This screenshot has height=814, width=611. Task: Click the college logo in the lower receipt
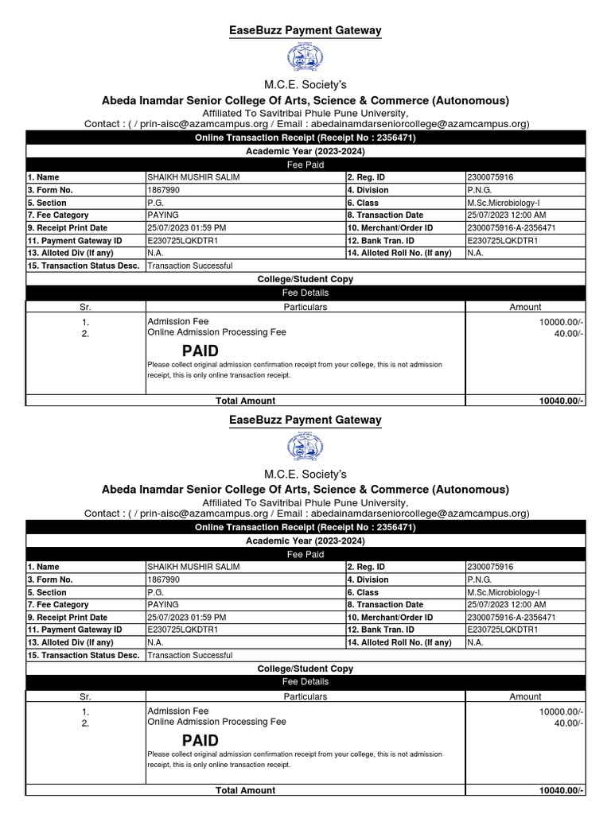tap(305, 448)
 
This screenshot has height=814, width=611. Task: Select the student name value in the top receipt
tap(193, 177)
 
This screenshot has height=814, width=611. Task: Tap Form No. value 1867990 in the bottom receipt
tap(163, 579)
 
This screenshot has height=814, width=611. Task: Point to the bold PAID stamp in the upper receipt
tap(200, 351)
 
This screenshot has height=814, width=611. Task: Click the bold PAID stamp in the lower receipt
tap(200, 740)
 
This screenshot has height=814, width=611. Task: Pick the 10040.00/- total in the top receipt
tap(562, 401)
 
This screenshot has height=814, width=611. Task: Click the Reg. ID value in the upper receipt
tap(490, 177)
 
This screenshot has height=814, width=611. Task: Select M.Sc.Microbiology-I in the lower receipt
tap(504, 592)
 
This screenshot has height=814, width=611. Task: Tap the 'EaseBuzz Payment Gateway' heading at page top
tap(305, 31)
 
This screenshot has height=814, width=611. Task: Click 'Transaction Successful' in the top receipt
tap(190, 266)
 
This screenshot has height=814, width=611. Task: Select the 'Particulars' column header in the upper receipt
tap(305, 307)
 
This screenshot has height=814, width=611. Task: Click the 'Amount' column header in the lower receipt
tap(525, 696)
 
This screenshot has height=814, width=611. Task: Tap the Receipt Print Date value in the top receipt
tap(187, 228)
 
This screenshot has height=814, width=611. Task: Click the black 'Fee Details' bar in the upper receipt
tap(305, 293)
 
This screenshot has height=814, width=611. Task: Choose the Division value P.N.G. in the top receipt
tap(481, 190)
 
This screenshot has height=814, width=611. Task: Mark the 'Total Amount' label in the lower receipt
tap(246, 790)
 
